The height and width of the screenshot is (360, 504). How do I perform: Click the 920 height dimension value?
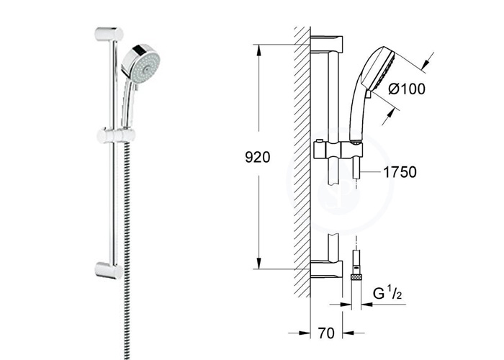258,157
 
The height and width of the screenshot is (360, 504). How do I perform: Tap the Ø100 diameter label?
407,89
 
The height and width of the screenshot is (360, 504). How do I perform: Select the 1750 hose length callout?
400,172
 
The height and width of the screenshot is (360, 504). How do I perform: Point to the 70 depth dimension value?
326,333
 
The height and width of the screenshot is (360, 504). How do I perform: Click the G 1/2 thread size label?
387,293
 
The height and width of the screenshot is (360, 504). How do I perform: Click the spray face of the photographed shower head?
145,66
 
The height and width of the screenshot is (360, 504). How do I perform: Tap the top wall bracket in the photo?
109,35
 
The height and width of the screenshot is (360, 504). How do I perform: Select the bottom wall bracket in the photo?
109,270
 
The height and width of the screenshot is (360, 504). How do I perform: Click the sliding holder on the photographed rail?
117,135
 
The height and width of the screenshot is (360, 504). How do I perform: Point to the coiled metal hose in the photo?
127,251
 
